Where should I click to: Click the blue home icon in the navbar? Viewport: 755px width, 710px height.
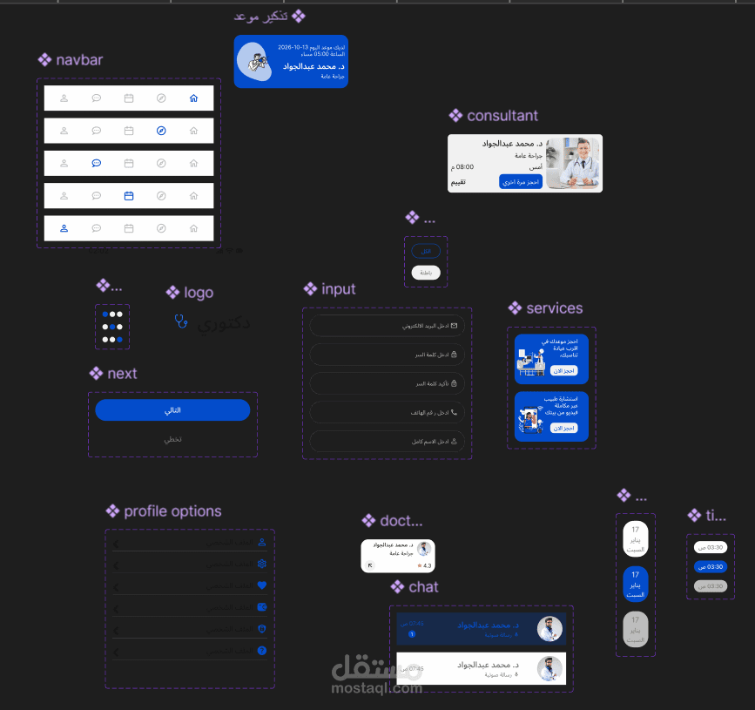(193, 98)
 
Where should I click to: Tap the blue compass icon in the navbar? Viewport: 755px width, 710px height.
(161, 131)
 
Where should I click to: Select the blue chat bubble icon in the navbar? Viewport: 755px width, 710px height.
(97, 163)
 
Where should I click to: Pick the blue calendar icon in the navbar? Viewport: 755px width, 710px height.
(129, 196)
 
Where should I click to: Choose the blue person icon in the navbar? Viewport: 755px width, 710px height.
(64, 228)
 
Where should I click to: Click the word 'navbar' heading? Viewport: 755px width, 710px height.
(79, 60)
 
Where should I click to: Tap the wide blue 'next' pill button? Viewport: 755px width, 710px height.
(172, 410)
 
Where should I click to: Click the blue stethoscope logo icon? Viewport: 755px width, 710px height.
(181, 321)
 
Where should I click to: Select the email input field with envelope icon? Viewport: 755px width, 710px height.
(387, 326)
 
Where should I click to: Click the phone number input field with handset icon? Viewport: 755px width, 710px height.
(387, 412)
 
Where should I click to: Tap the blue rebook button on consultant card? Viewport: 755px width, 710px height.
(521, 181)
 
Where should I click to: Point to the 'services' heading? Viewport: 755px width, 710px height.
(554, 308)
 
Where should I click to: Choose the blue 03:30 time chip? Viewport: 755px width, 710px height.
(711, 566)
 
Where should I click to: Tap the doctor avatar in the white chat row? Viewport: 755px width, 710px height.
(549, 668)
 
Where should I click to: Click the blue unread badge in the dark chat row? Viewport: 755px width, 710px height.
(412, 634)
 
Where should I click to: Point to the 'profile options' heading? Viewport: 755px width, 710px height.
(172, 511)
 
